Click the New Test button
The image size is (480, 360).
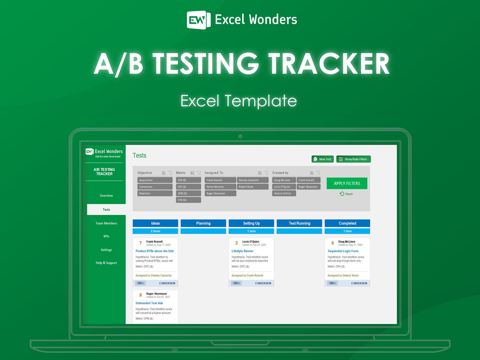pos(323,159)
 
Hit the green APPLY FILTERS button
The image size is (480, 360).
pos(347,183)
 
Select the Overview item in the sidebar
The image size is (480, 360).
pos(106,196)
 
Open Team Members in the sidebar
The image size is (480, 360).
pos(106,223)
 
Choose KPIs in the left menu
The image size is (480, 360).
pos(106,236)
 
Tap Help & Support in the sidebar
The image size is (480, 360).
pos(106,263)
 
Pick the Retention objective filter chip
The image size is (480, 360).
pos(155,193)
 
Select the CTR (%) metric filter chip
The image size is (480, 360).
pos(188,200)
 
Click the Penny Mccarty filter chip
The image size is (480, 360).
pos(220,187)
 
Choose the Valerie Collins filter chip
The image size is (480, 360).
pos(284,193)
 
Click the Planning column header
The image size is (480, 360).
pos(203,223)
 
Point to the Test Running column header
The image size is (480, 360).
pos(299,223)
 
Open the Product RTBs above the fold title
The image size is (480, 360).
pos(154,251)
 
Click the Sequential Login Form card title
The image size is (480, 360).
pos(343,251)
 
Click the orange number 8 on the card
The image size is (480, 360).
pos(141,295)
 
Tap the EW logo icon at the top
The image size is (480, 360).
pos(198,20)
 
